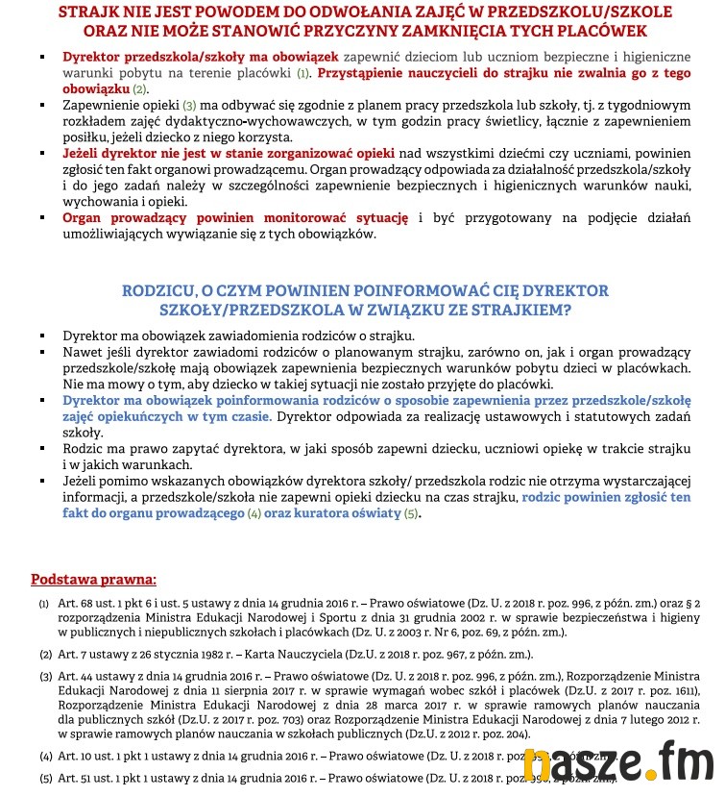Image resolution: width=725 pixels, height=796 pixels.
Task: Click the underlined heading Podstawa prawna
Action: click(x=93, y=579)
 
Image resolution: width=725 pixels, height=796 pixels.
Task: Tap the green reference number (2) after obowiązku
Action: click(x=140, y=88)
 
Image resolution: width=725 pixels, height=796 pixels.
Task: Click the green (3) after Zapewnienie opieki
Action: click(x=189, y=105)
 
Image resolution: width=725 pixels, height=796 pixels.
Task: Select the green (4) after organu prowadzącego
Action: click(x=254, y=514)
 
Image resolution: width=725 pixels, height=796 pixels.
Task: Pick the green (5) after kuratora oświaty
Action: click(x=411, y=514)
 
